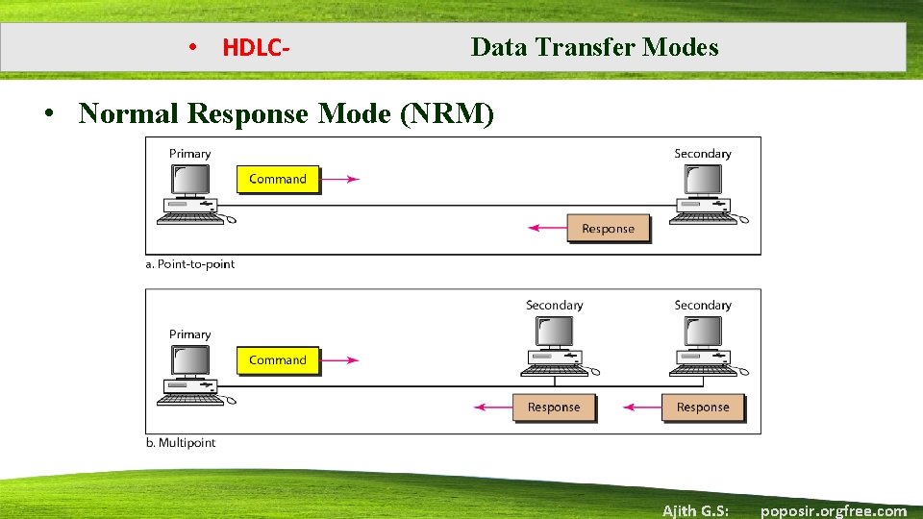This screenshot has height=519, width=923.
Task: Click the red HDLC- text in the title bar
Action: pyautogui.click(x=256, y=47)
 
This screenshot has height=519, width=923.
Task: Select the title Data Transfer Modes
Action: pyautogui.click(x=594, y=47)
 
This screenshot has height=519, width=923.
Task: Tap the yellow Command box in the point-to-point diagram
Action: pyautogui.click(x=278, y=179)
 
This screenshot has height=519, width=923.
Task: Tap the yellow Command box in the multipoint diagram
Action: pyautogui.click(x=278, y=360)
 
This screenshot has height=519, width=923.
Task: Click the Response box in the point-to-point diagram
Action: pyautogui.click(x=608, y=229)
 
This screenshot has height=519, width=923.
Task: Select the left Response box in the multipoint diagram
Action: pyautogui.click(x=554, y=408)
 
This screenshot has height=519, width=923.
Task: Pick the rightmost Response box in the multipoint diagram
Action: pyautogui.click(x=703, y=408)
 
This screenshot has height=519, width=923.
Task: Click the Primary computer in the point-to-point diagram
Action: pyautogui.click(x=192, y=193)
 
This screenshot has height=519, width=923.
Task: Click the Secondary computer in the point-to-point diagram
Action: pyautogui.click(x=702, y=193)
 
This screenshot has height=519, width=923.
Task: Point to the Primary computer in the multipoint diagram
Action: pyautogui.click(x=192, y=374)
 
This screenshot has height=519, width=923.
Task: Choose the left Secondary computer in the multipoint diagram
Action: pyautogui.click(x=555, y=344)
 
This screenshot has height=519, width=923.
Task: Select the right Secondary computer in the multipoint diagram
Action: pyautogui.click(x=703, y=344)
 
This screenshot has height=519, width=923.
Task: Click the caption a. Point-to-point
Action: pyautogui.click(x=190, y=264)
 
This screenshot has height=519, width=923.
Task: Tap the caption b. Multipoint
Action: pyautogui.click(x=181, y=443)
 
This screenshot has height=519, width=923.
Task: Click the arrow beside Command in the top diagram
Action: pyautogui.click(x=340, y=179)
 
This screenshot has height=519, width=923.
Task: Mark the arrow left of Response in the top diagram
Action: pyautogui.click(x=548, y=229)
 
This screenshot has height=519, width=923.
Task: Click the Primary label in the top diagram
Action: pyautogui.click(x=189, y=154)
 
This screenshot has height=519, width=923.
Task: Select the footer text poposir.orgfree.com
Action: pyautogui.click(x=833, y=510)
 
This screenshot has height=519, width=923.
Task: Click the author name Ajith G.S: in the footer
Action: pyautogui.click(x=695, y=510)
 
